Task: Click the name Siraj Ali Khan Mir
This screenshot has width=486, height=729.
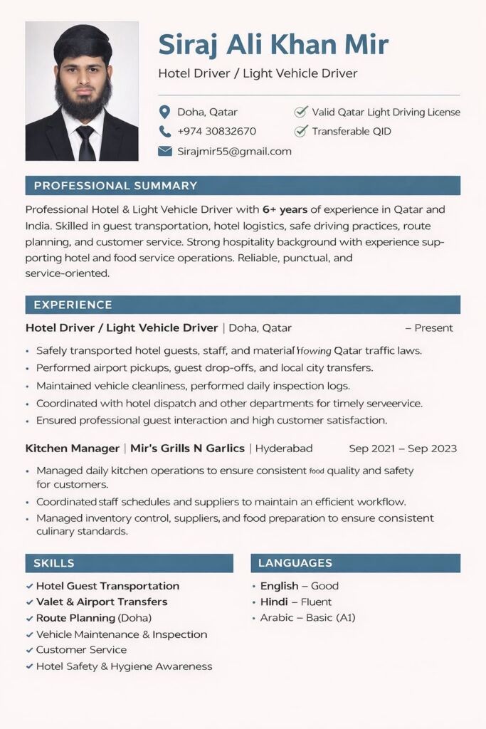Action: click(x=273, y=45)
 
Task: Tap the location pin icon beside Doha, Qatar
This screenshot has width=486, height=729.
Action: click(x=165, y=112)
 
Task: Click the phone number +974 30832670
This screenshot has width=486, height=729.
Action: click(x=216, y=131)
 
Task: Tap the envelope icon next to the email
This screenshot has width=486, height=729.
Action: click(x=165, y=151)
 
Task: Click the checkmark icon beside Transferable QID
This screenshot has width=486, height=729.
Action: click(x=300, y=131)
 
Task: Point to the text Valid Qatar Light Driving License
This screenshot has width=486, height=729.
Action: click(x=386, y=112)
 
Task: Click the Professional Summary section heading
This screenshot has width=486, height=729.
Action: click(x=115, y=186)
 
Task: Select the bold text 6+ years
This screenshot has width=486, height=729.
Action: click(x=285, y=209)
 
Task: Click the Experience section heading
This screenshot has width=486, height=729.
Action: click(x=73, y=305)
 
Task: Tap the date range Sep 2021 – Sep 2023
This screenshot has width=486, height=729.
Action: click(x=403, y=449)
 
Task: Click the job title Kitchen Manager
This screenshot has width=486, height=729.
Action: click(x=73, y=449)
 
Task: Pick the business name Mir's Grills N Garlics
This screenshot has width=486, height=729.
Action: click(x=188, y=449)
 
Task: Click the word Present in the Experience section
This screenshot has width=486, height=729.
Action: click(x=433, y=328)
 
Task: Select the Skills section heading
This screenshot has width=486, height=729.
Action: click(x=54, y=563)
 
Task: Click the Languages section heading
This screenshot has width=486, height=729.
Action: click(x=295, y=563)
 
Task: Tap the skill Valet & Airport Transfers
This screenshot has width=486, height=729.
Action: click(x=102, y=602)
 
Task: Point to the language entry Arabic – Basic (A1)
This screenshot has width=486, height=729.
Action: click(x=307, y=617)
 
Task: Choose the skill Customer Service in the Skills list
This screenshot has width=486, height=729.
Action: click(x=81, y=649)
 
